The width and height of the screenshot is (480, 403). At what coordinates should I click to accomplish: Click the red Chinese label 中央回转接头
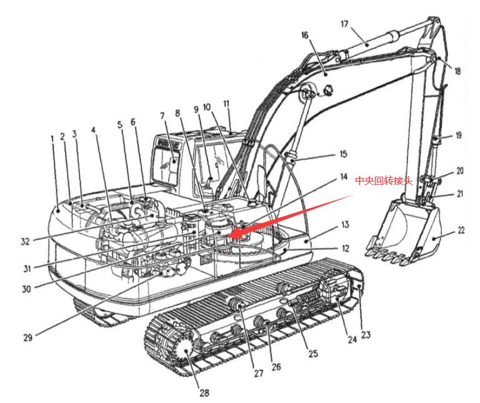(x=383, y=180)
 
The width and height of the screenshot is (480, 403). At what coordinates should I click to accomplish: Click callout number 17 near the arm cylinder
(x=344, y=24)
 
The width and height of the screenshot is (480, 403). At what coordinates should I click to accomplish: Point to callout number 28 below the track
(x=204, y=393)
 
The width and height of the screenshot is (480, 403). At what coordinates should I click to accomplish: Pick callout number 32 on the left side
(x=25, y=241)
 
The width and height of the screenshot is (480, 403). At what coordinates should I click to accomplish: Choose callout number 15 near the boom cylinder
(x=343, y=154)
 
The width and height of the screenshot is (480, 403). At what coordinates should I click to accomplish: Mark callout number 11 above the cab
(x=228, y=104)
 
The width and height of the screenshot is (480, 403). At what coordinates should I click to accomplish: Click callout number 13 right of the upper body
(x=345, y=224)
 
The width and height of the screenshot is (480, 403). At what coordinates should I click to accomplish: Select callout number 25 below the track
(x=313, y=353)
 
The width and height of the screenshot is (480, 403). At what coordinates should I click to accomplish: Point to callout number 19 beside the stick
(x=458, y=136)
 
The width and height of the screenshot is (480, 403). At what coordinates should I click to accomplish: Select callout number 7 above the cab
(x=161, y=116)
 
